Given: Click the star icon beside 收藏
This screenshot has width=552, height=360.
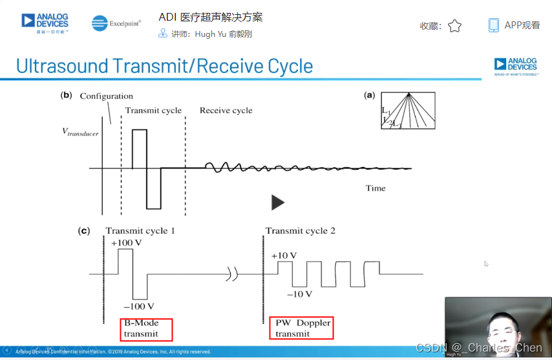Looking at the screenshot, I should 455,26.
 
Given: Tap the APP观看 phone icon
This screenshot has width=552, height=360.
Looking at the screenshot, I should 494,25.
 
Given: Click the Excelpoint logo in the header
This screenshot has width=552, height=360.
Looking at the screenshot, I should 116,24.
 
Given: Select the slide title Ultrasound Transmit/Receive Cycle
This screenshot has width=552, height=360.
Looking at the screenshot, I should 164,66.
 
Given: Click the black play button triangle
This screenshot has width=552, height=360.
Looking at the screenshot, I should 277,202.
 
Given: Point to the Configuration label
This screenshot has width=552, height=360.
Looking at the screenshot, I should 107,96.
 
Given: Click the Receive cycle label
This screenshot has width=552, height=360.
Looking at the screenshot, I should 226,111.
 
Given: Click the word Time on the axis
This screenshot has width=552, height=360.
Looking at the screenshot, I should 376,188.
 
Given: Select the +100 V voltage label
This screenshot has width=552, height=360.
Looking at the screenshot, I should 126,243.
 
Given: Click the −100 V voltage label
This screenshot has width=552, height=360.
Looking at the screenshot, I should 138,306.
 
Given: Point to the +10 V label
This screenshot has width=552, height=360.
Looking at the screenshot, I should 284,255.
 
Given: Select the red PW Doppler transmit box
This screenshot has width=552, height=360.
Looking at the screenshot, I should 302,328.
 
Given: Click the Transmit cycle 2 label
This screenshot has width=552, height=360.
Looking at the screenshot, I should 300,231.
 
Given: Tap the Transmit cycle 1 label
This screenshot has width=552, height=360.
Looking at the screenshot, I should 140,231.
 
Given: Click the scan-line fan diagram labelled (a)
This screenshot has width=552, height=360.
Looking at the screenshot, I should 407,111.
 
